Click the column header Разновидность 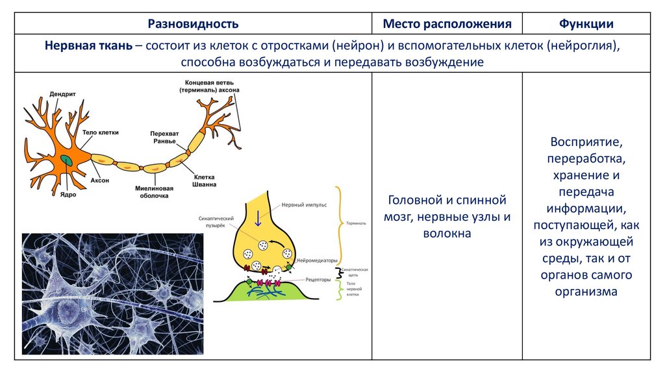click(x=193, y=25)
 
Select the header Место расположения click(x=447, y=25)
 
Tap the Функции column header click(x=586, y=25)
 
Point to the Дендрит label click(x=62, y=93)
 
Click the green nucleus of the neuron click(x=67, y=158)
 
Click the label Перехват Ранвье click(x=164, y=137)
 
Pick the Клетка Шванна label click(x=205, y=180)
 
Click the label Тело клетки click(x=101, y=132)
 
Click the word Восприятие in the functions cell click(x=586, y=142)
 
